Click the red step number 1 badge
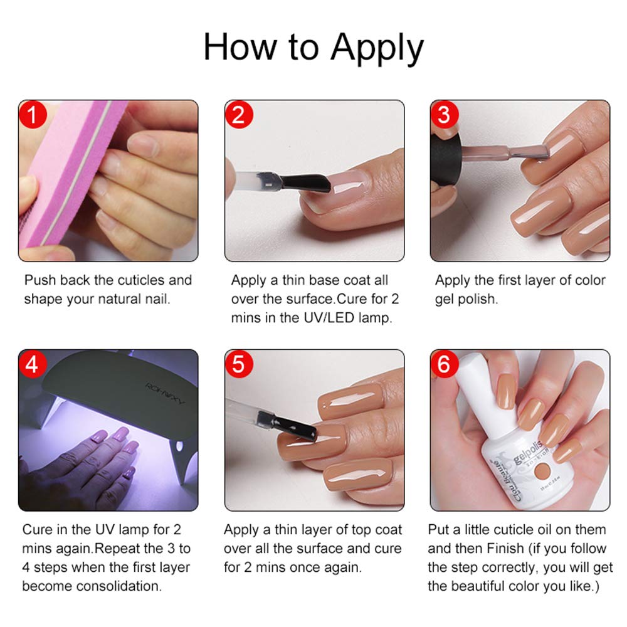tap(33, 115)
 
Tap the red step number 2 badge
tap(239, 115)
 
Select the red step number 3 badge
tap(445, 115)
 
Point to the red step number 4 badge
tap(33, 364)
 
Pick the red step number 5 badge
tap(239, 364)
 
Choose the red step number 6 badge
tap(445, 364)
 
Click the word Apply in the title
tap(377, 49)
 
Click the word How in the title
tap(240, 47)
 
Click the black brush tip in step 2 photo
tap(306, 182)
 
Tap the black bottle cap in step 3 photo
tap(446, 159)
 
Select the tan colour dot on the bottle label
tap(542, 471)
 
